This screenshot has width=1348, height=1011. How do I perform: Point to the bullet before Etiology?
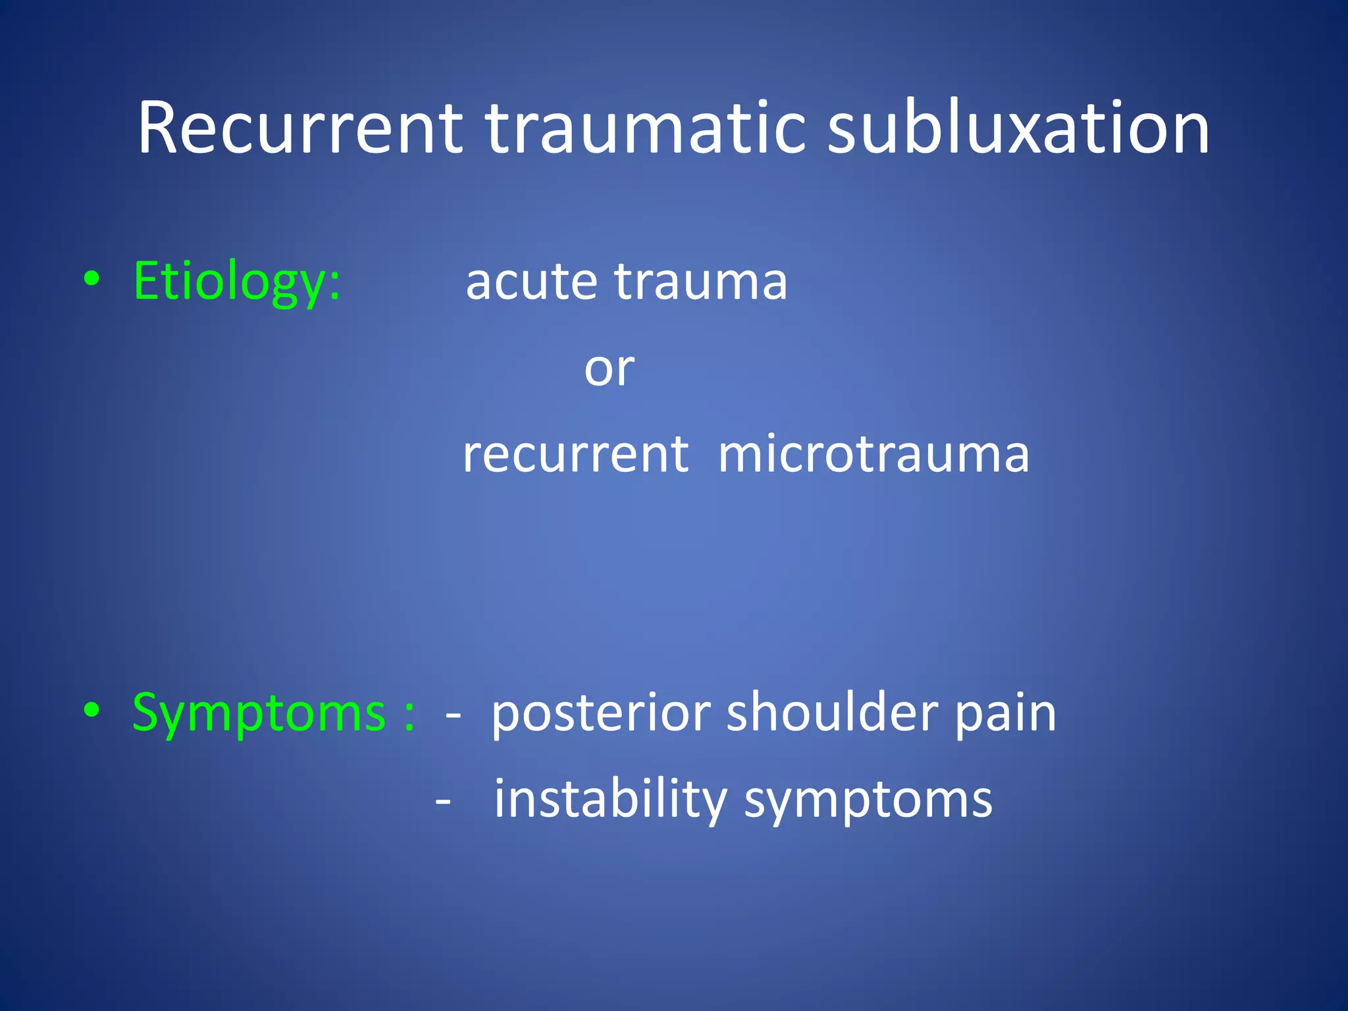[x=92, y=279]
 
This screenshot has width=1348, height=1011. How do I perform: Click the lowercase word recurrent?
[x=575, y=455]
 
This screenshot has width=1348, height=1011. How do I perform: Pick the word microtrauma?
[x=873, y=455]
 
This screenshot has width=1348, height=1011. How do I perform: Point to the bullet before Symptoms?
[x=92, y=710]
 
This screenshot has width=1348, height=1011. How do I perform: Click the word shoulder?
[x=832, y=713]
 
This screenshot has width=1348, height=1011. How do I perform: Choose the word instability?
[x=610, y=800]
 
